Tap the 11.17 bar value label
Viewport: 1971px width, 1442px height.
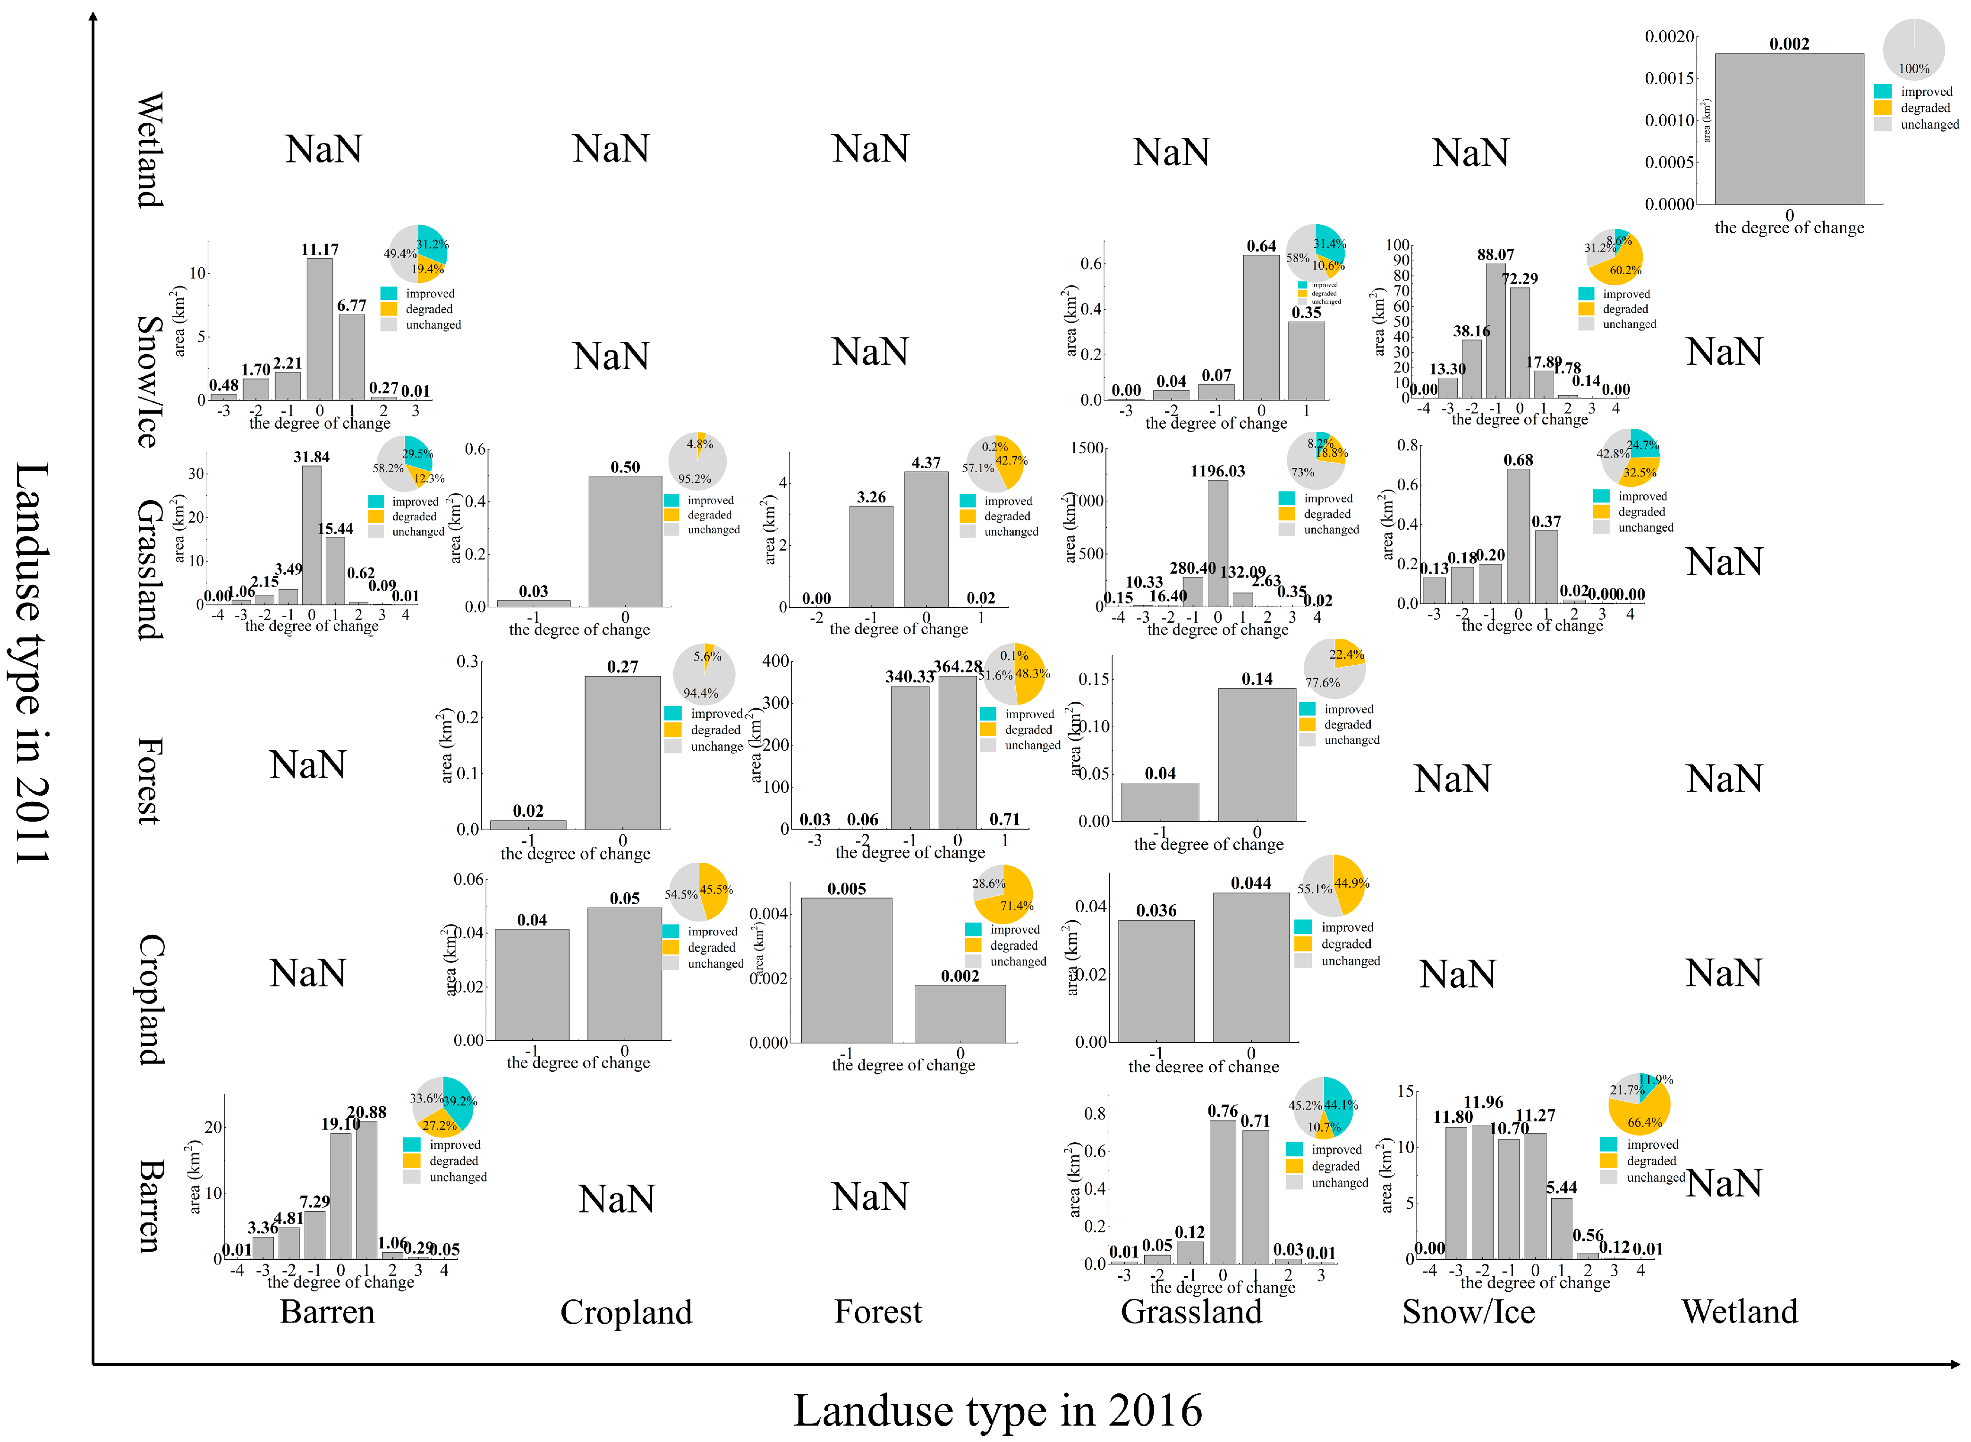click(x=320, y=250)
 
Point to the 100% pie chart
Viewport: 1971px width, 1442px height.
click(x=1913, y=50)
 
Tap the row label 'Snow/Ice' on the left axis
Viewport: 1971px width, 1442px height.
click(x=150, y=382)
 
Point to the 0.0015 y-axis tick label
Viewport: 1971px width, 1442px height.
click(x=1669, y=78)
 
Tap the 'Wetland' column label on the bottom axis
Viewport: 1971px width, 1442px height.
click(x=1740, y=1312)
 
